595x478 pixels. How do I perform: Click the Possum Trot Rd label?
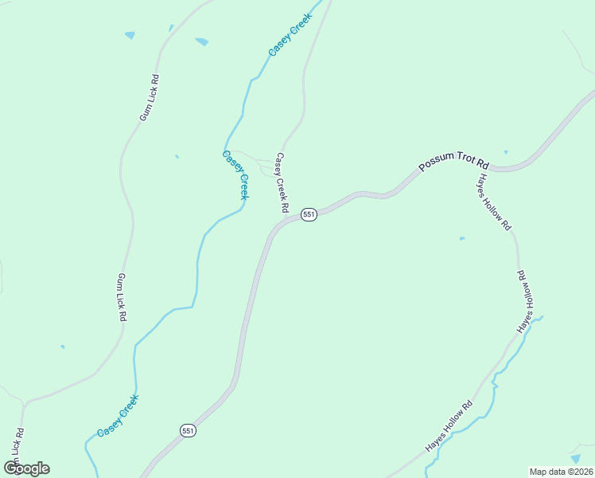[453, 161]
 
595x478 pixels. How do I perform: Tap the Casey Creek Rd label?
[281, 182]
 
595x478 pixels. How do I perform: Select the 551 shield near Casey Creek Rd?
[309, 214]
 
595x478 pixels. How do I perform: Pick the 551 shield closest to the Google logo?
[188, 430]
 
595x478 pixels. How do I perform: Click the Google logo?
[26, 468]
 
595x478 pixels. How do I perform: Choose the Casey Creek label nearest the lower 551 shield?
[118, 415]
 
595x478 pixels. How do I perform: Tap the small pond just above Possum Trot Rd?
[505, 151]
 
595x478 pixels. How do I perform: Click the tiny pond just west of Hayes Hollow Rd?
[462, 237]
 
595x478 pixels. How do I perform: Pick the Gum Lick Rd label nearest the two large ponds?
[150, 97]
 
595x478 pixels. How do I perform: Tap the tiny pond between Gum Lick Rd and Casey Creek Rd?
[177, 156]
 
